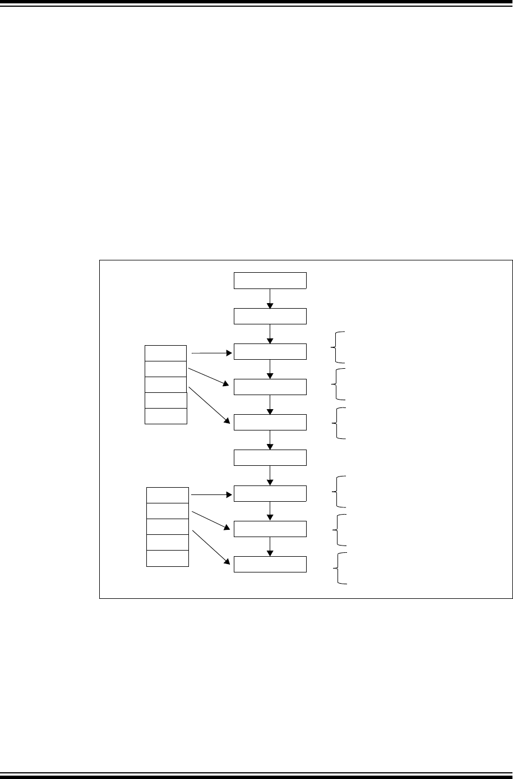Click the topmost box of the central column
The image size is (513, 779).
tap(270, 280)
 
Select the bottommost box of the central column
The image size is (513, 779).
tap(270, 564)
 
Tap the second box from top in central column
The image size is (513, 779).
tap(270, 316)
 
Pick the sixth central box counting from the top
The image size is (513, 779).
tap(270, 457)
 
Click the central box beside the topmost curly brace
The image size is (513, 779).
tap(270, 351)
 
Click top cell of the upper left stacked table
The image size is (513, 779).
tap(165, 353)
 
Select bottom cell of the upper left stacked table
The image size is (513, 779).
tap(165, 416)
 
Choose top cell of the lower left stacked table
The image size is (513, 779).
tap(167, 496)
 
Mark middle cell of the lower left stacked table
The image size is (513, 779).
tap(167, 527)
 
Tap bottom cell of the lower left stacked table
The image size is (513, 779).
tap(167, 558)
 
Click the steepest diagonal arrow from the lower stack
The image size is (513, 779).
tap(210, 547)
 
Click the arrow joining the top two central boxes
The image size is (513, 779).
tap(270, 299)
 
